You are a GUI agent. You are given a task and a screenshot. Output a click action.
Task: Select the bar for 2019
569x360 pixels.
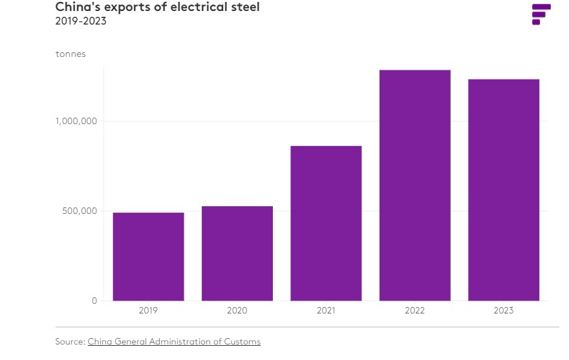[149, 257]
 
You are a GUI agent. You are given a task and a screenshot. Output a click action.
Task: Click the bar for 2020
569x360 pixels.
[237, 253]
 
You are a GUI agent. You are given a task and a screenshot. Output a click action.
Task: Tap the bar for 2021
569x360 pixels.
[327, 223]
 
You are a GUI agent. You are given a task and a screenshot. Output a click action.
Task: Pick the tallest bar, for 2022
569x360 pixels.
[415, 185]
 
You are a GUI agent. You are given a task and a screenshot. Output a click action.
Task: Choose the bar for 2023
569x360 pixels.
[504, 190]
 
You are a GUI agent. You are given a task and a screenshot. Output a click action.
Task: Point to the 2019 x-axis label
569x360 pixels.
[149, 311]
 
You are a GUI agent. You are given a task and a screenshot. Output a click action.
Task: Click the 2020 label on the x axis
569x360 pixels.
[237, 311]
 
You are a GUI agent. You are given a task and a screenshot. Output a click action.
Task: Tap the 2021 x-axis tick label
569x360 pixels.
[327, 311]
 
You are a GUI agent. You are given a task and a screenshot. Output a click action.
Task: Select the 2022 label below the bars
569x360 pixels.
[414, 311]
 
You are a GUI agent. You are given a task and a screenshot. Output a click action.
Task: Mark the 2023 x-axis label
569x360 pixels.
[504, 311]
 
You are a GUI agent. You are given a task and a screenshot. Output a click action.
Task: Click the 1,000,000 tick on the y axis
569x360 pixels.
[76, 122]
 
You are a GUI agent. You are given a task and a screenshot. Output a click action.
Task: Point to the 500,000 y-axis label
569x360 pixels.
[80, 211]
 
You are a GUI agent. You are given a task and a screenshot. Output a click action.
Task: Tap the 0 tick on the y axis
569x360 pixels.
[94, 301]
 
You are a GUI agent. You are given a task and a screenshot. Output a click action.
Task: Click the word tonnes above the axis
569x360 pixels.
[70, 54]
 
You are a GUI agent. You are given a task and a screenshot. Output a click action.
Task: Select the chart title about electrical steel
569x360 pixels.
[158, 7]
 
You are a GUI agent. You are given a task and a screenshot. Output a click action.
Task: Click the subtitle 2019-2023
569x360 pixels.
[81, 21]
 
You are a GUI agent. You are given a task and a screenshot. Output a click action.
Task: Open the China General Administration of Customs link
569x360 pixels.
[174, 341]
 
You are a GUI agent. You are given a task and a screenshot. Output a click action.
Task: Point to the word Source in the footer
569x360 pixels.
[70, 341]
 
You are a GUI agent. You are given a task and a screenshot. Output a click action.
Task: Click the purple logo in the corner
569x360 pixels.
[541, 14]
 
